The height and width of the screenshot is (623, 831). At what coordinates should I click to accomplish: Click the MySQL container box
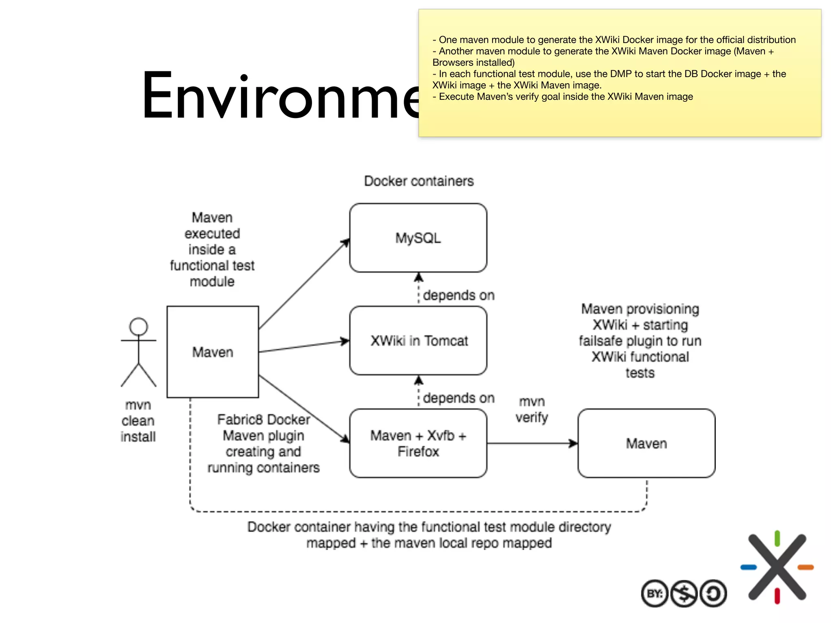pos(418,238)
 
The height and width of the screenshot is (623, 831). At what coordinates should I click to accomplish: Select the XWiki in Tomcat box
pos(418,341)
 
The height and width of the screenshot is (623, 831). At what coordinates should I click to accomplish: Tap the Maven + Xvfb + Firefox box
pos(418,443)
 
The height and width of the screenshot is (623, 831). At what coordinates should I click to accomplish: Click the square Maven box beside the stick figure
pos(213,352)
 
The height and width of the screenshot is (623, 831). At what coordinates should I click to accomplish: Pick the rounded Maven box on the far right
pos(646,443)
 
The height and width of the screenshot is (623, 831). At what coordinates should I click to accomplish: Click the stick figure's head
pos(138,327)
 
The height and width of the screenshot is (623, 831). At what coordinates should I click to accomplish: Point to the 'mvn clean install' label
pos(138,421)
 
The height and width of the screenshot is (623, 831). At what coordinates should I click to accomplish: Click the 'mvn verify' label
pos(532,409)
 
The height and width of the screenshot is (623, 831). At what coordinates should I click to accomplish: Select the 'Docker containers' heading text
pos(419,181)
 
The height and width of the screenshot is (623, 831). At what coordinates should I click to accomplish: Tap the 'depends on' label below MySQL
pos(459,295)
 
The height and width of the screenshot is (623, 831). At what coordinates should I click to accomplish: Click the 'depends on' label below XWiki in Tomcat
pos(459,398)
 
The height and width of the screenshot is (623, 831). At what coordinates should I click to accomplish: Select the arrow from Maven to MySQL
pos(304,284)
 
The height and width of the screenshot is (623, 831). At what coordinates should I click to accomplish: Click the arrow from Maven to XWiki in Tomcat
pos(304,346)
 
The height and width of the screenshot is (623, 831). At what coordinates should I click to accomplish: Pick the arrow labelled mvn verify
pos(532,443)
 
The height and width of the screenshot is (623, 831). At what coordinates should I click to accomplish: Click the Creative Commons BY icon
pos(654,594)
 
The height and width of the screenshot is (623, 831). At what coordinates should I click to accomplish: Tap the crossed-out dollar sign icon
pos(684,594)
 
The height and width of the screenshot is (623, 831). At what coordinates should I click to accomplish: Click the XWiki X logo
pos(777,567)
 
